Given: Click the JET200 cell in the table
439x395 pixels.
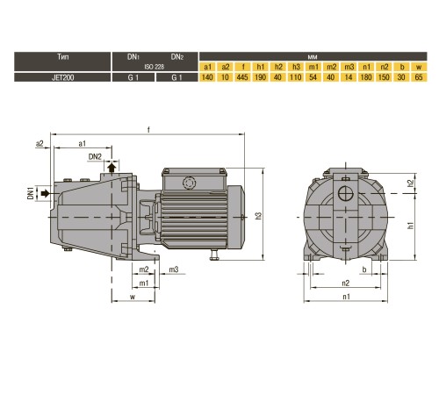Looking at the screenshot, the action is pos(62,77).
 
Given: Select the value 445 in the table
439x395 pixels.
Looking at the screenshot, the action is pos(242,77).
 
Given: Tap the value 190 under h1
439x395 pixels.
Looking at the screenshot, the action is pos(260,77).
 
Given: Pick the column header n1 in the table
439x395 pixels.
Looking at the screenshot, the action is pos(366,67).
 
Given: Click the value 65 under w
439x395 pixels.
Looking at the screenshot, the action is pos(419,77).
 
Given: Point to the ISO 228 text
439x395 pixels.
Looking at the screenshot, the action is pos(155,67).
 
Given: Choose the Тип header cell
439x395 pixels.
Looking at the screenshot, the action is pos(62,57).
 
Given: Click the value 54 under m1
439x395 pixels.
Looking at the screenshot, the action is pos(313,77).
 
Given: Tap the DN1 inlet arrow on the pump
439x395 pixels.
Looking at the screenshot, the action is pos(46,193).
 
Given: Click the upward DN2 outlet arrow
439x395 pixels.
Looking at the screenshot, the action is pos(112,168).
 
